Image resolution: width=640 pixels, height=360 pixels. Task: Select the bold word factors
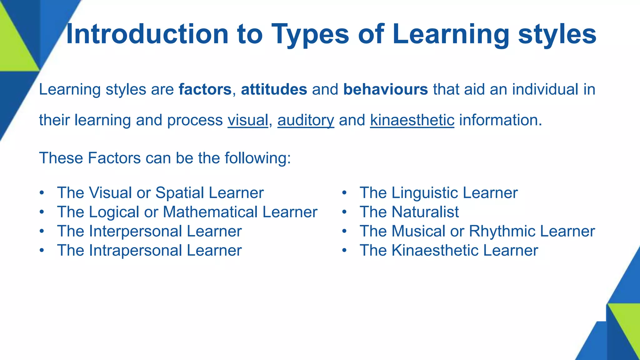click(205, 89)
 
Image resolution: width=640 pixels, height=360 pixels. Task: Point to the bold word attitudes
click(274, 89)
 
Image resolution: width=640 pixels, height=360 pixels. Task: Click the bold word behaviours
click(385, 89)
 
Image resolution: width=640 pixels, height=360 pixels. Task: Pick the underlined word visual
click(248, 120)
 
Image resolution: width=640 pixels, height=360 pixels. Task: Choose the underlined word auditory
click(306, 120)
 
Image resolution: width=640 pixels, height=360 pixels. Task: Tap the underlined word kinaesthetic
click(412, 120)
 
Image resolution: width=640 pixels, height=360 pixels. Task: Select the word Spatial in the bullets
click(180, 193)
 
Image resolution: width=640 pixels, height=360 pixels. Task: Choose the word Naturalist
click(425, 212)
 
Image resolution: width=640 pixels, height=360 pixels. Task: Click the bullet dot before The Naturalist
click(344, 212)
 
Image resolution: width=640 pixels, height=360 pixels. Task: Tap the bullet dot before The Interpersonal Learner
click(42, 232)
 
